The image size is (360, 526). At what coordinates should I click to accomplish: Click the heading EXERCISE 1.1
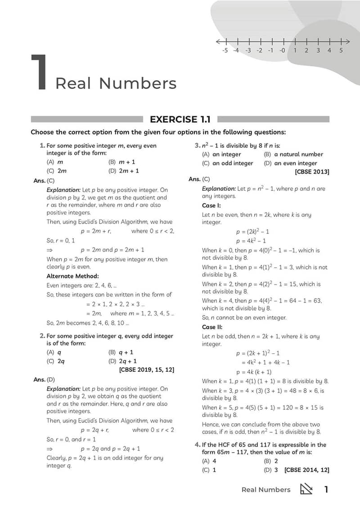pos(180,119)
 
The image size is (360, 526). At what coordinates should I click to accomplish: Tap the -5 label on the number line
pos(225,50)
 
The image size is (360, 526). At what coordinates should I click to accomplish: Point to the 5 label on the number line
pos(341,50)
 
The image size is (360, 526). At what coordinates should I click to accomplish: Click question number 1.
pos(42,145)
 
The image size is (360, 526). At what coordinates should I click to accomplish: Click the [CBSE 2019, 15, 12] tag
pos(147,369)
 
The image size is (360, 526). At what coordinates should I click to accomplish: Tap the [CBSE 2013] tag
pos(312,171)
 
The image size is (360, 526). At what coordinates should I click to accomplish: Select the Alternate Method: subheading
pos(72,276)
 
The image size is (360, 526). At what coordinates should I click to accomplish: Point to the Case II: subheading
pos(212,327)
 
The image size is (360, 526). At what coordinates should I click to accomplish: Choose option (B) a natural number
pos(293,154)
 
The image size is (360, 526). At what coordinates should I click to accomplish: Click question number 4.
pos(197,445)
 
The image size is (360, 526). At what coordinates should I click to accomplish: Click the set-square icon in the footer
pos(306,489)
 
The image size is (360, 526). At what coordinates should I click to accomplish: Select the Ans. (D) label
pos(44,380)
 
